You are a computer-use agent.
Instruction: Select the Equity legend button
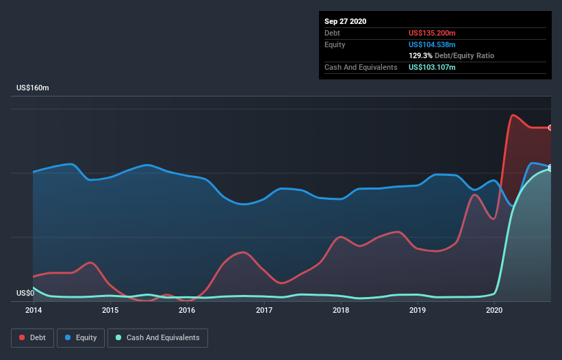tap(81, 337)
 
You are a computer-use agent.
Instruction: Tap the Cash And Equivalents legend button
tap(157, 337)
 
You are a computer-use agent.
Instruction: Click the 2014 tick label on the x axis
tap(33, 311)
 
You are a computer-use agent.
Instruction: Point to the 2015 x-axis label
tap(110, 311)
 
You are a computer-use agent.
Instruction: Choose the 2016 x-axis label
tap(187, 311)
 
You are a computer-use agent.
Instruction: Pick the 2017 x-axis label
tap(264, 311)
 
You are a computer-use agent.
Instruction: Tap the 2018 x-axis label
tap(341, 311)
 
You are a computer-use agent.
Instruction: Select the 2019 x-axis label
tap(418, 311)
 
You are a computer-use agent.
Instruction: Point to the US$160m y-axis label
tap(33, 88)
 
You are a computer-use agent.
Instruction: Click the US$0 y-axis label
tap(25, 294)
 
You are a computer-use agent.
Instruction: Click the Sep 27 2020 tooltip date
tap(346, 21)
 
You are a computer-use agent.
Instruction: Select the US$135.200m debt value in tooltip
tap(432, 33)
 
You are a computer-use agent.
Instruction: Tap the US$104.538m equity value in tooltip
tap(432, 44)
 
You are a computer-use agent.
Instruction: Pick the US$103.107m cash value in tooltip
tap(432, 67)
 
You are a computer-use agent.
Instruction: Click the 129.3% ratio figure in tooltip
tap(420, 55)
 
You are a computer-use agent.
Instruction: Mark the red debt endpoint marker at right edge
tap(550, 127)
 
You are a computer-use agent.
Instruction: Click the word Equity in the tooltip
tap(335, 44)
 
